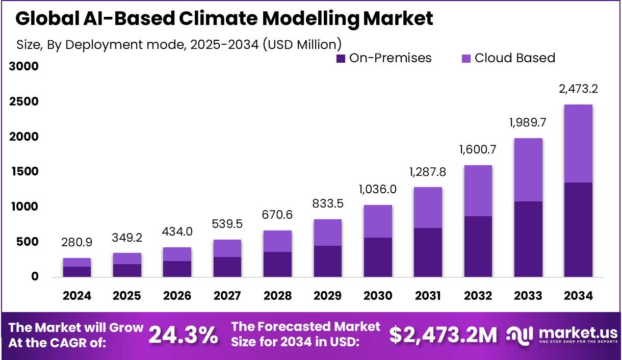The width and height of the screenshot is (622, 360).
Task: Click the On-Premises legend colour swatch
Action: coord(341,59)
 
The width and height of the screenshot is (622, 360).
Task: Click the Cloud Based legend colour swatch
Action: coord(466,59)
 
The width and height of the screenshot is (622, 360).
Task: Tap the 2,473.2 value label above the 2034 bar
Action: coord(578,89)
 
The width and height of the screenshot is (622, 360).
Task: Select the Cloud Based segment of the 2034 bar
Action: coord(578,143)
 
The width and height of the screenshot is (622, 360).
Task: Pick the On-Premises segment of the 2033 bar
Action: coord(528,239)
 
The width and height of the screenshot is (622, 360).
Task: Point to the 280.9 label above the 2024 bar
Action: coord(77,243)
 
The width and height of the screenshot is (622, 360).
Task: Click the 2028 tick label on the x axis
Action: coord(277,296)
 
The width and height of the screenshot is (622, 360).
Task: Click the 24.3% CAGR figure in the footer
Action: coord(184,335)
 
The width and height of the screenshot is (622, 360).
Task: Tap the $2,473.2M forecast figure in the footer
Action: coord(443,335)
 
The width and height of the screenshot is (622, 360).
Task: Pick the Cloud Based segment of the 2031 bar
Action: coord(428,208)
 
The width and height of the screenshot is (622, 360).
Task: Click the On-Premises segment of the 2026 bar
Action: coord(177,269)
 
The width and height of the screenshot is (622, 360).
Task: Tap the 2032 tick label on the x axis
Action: coord(478,296)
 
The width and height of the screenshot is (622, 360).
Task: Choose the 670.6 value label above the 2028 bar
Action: coord(277,215)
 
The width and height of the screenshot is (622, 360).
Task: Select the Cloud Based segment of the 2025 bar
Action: coord(127,259)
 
